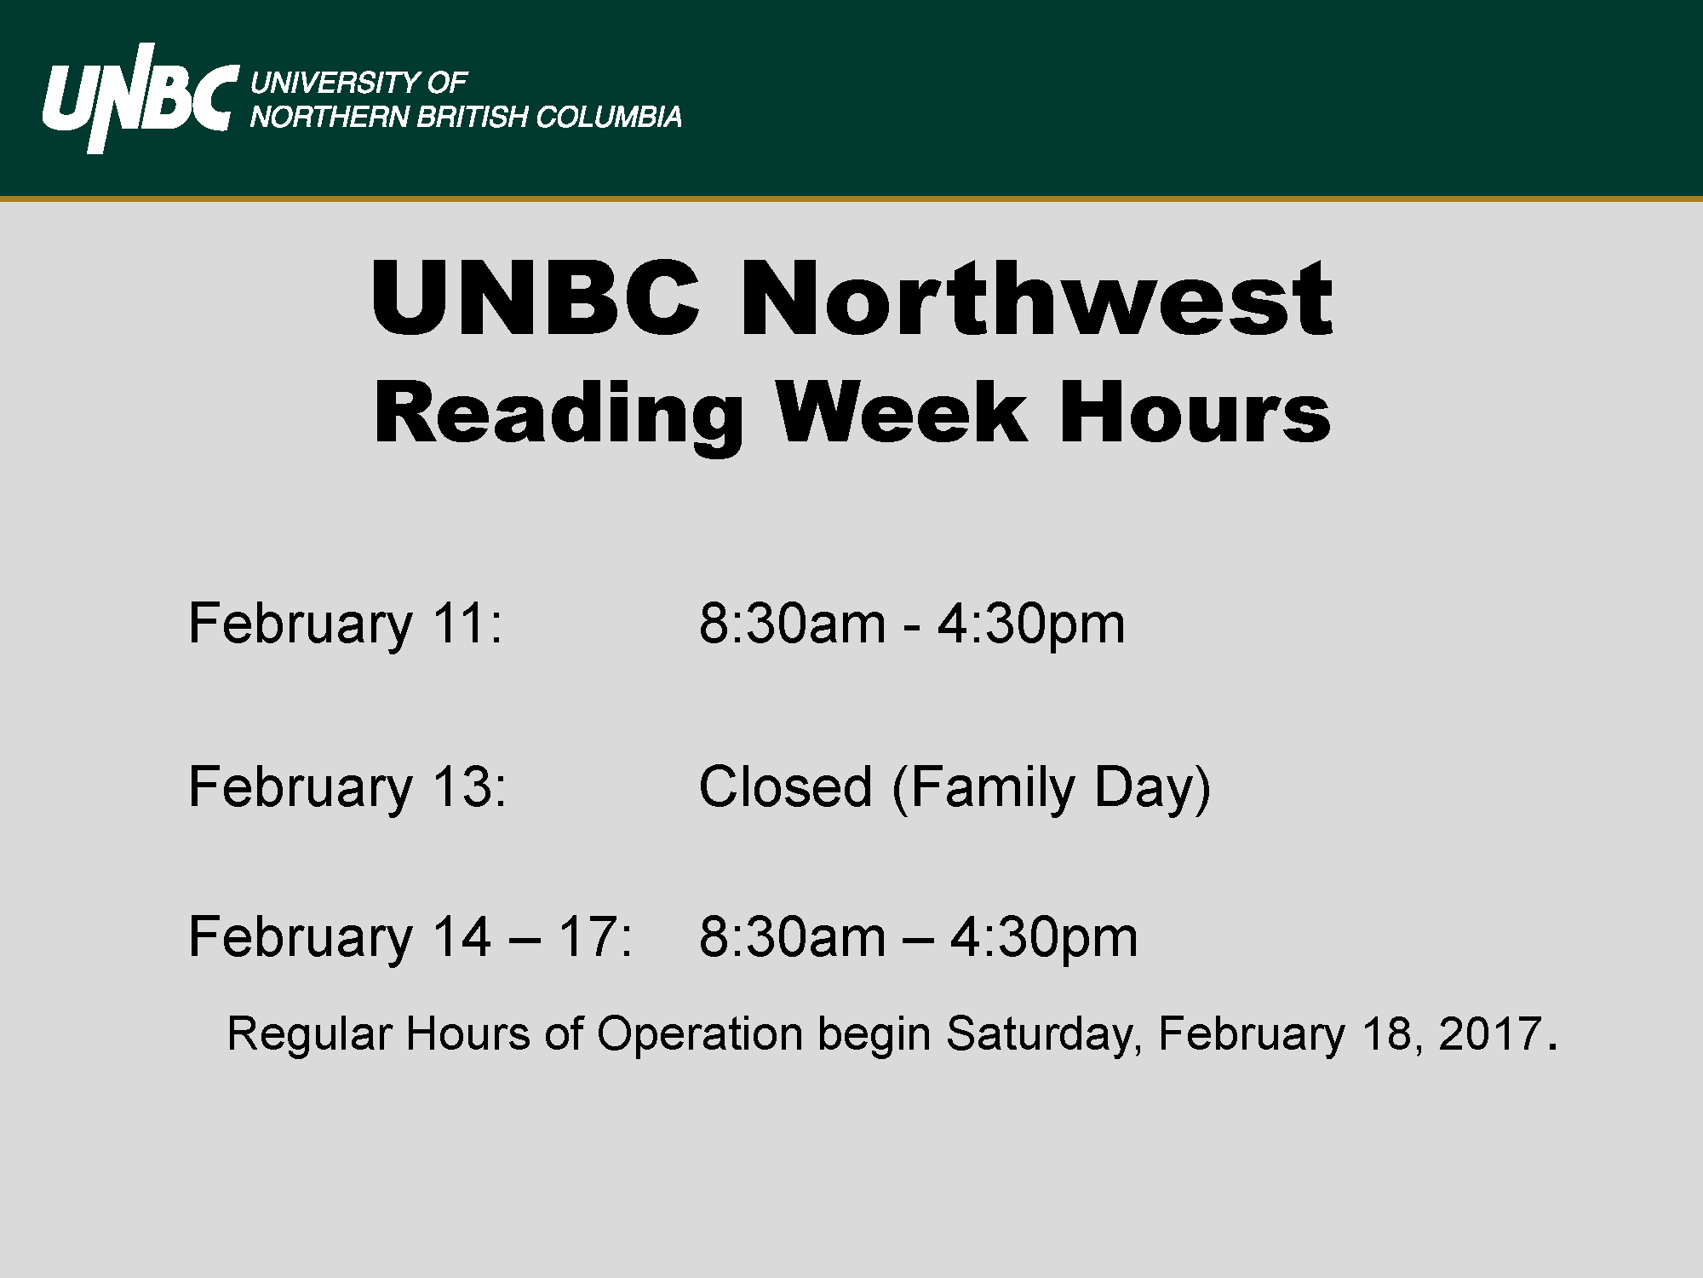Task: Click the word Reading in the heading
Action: pos(559,413)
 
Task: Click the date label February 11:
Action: pos(346,625)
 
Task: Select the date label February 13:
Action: pos(347,787)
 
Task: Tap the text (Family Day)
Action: pos(1052,789)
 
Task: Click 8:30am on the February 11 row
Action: pos(792,624)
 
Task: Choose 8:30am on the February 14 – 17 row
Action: pos(792,937)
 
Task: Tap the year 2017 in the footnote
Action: pos(1490,1033)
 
